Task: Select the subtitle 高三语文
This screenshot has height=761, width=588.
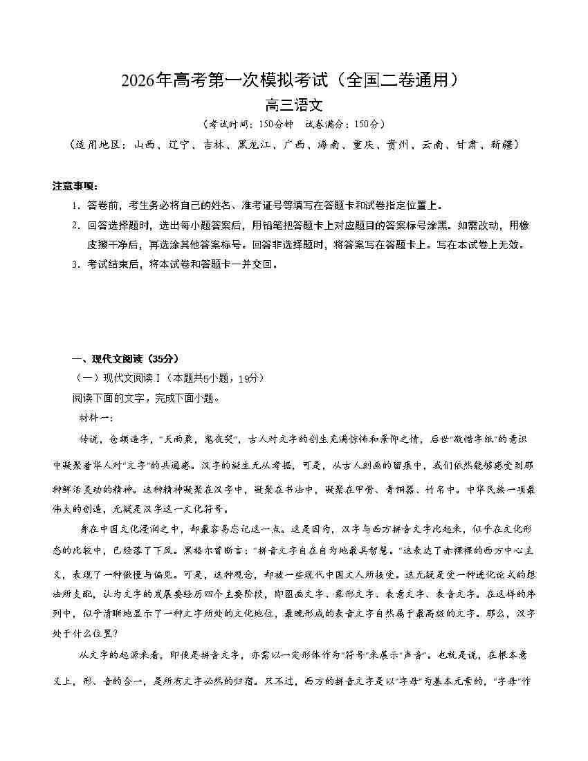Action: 294,106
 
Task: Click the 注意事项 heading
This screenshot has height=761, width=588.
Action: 75,186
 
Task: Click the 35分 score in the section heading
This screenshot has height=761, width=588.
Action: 163,358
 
